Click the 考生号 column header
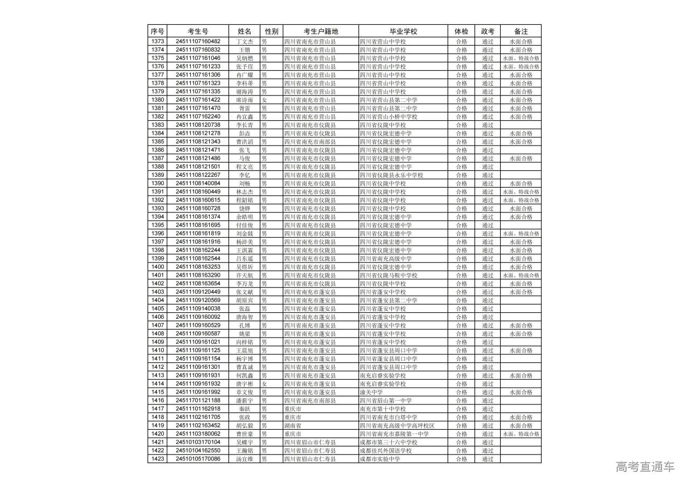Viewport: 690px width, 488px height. point(198,31)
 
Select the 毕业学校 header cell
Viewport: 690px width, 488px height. point(403,31)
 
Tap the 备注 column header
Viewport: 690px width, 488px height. point(521,31)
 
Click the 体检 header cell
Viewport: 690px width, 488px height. point(461,31)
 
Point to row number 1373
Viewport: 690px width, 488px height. point(157,42)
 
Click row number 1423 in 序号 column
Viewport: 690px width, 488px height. point(157,459)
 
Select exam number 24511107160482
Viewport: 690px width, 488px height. point(198,42)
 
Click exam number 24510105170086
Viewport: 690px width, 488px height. point(198,459)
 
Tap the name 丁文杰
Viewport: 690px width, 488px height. point(245,42)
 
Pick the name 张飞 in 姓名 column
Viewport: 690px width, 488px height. point(245,150)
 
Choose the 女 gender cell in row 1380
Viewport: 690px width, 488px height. point(264,100)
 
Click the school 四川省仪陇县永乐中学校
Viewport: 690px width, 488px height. point(391,175)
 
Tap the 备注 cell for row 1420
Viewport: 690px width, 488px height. point(521,434)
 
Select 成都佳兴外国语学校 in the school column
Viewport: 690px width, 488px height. point(385,451)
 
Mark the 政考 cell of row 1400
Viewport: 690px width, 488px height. point(487,267)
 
